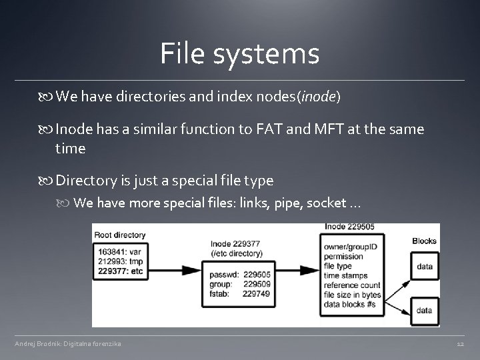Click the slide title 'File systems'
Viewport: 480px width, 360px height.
239,54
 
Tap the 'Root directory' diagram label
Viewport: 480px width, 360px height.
121,235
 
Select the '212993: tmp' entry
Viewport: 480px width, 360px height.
119,262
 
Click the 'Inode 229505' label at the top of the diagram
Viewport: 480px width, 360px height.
350,227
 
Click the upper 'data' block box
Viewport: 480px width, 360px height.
425,267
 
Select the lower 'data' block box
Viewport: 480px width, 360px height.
425,310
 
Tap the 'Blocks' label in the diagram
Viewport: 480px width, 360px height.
425,241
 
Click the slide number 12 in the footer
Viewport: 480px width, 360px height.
460,344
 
